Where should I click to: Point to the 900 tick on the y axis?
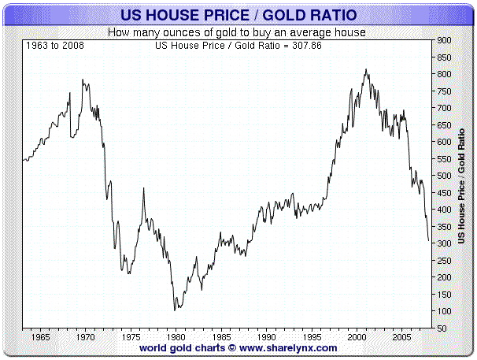click(444, 40)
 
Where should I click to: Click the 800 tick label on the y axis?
click(444, 74)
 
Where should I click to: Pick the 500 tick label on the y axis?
click(444, 176)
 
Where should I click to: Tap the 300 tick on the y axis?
click(444, 243)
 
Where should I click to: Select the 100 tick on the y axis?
click(444, 311)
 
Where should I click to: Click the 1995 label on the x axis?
click(309, 336)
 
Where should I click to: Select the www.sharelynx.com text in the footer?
click(288, 347)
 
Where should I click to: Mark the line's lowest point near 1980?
click(175, 310)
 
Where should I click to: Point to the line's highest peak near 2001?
click(366, 69)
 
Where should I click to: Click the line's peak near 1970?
click(83, 80)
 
